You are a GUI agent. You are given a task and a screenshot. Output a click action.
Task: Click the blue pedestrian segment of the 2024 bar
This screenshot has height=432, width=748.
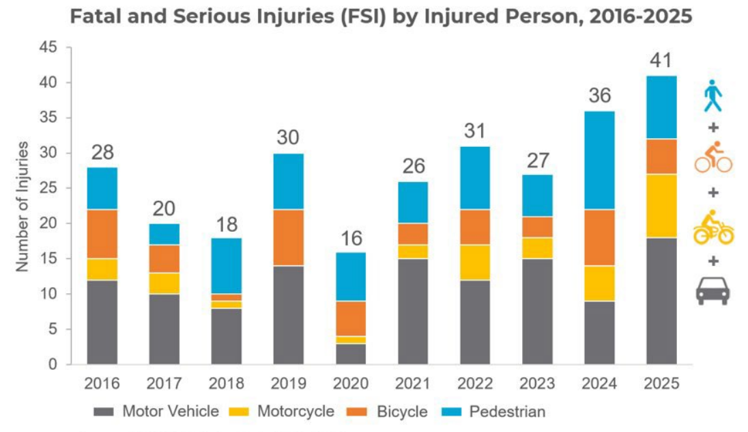coord(600,161)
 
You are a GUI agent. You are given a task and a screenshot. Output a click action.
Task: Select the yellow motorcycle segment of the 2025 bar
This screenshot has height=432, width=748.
coord(661,206)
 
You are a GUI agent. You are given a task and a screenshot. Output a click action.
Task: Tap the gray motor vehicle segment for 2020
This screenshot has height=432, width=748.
coord(351,354)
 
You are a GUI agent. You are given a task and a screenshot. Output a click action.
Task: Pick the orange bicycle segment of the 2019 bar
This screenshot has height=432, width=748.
coord(289,238)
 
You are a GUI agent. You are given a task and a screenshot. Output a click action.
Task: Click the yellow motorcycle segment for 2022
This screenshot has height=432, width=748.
coord(475,262)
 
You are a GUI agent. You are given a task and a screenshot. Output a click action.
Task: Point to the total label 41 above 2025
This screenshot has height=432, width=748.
coord(661,61)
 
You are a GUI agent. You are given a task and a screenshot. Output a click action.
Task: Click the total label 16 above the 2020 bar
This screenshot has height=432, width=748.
coord(351,238)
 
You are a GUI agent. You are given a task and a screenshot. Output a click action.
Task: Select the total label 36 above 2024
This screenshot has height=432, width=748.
coord(600,96)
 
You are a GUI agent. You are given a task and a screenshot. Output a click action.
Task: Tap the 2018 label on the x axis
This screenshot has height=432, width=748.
coord(227,383)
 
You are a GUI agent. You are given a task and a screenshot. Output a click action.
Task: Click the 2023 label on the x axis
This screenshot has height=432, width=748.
coord(537,383)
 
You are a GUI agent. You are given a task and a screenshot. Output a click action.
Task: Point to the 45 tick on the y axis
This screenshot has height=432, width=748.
coord(48,47)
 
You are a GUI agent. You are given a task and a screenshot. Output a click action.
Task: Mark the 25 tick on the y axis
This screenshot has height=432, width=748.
coord(48,188)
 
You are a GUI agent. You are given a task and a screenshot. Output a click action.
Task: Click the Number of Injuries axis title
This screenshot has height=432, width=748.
coord(23,206)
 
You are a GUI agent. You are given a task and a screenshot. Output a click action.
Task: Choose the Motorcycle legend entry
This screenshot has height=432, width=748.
coord(282,411)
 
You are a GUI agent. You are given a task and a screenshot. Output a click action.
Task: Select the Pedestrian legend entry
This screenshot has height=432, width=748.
coord(493,411)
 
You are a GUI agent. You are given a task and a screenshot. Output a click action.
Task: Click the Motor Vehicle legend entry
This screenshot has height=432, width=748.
coord(156,411)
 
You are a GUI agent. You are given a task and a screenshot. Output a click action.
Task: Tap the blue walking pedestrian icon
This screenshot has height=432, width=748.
coord(713,96)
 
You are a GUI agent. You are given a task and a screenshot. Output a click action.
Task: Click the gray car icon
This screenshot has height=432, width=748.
coord(713,291)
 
